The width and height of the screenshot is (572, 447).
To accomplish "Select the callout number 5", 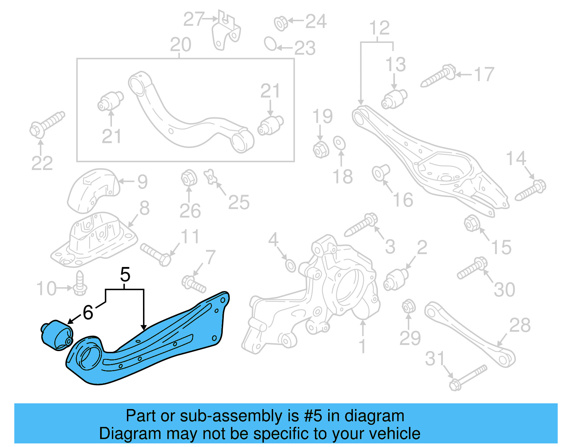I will pyautogui.click(x=125, y=275).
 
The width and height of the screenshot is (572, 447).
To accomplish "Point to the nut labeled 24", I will pyautogui.click(x=281, y=23).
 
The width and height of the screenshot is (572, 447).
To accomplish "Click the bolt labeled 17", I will pyautogui.click(x=438, y=76).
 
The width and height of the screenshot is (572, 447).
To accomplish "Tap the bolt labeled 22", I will pyautogui.click(x=46, y=124).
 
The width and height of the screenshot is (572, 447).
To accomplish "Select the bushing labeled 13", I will pyautogui.click(x=394, y=99).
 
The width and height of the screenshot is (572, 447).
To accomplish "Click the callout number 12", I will pyautogui.click(x=379, y=28).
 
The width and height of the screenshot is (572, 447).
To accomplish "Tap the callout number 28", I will pyautogui.click(x=519, y=325).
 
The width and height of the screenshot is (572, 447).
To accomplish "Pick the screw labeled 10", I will pyautogui.click(x=80, y=284).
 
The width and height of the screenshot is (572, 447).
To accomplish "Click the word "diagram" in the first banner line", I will pyautogui.click(x=374, y=416).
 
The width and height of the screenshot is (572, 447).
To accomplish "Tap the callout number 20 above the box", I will pyautogui.click(x=181, y=45).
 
